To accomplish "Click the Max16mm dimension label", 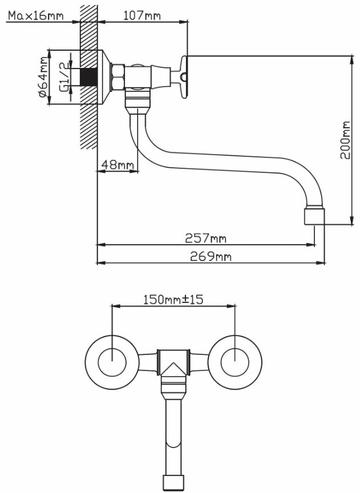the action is click(x=35, y=15).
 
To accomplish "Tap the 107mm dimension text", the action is click(x=142, y=15).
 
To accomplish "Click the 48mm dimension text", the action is click(x=118, y=164).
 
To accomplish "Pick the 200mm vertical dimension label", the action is click(x=345, y=140).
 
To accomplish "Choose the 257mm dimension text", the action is click(x=205, y=238).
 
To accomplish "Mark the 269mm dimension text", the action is click(x=211, y=257).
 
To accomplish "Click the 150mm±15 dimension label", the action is click(x=173, y=300).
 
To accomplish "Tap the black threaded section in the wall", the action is click(x=88, y=77).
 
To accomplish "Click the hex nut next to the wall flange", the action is click(x=118, y=77).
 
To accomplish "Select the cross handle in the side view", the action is click(x=180, y=78).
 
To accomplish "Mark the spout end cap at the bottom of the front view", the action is click(x=173, y=483).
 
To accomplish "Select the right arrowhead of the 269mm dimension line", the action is click(x=321, y=263).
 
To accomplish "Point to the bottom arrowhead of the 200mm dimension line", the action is click(x=353, y=221).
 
